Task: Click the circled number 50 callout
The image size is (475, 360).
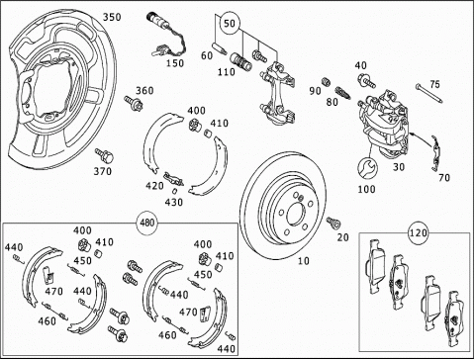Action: click(230, 24)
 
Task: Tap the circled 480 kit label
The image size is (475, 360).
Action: click(146, 223)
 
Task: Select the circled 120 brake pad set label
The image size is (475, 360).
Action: click(419, 233)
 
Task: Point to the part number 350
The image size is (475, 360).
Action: click(112, 17)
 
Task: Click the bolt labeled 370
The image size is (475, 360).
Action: click(104, 155)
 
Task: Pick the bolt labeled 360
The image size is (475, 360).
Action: click(134, 103)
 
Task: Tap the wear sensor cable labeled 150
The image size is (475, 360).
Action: click(166, 36)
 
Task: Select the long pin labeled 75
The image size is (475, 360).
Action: click(429, 94)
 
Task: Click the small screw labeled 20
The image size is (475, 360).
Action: click(333, 223)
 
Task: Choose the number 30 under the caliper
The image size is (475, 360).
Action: click(399, 167)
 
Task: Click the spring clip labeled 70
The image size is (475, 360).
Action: click(436, 153)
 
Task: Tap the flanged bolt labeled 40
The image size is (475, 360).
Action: click(366, 80)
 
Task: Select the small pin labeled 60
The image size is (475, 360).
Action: click(220, 47)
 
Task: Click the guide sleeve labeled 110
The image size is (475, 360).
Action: click(240, 61)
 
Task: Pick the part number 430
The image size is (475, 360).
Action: click(173, 202)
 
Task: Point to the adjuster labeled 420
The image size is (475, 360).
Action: click(173, 179)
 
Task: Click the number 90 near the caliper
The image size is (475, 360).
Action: click(315, 91)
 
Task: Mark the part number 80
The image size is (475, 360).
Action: click(332, 102)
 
